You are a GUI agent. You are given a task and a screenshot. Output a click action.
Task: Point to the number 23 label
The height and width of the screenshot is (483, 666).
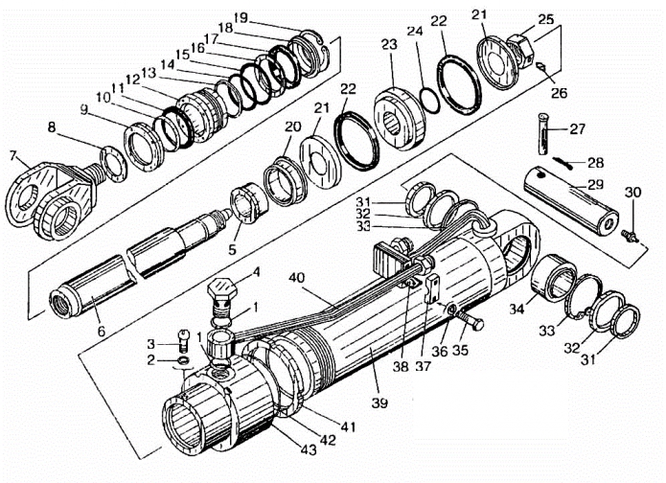[389, 45]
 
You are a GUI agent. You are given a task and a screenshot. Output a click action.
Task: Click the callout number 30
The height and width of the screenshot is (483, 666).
[632, 192]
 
